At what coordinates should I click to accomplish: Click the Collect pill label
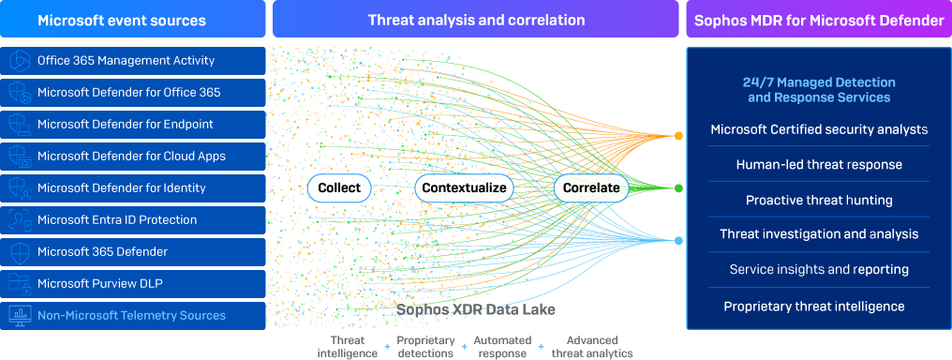pos(339,188)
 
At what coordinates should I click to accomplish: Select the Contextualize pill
pos(464,188)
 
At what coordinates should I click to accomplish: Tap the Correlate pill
pos(591,188)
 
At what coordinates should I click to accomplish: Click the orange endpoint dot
pos(678,136)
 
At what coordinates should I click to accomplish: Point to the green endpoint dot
pos(678,188)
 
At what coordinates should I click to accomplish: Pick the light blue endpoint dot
pos(678,241)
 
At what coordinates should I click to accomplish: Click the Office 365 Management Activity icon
pos(20,61)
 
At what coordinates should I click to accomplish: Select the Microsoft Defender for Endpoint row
pos(133,125)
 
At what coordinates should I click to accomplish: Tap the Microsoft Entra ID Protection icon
pos(20,219)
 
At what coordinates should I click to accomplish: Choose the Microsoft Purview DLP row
pos(133,283)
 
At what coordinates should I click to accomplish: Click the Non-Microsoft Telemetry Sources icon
pos(20,316)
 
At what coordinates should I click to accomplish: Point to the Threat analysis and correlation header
pos(476,19)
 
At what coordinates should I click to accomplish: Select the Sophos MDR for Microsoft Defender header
pos(819,19)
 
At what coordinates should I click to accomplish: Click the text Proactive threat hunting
pos(819,200)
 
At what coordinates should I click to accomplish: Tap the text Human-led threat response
pos(819,164)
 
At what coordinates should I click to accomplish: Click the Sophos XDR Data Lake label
pos(476,309)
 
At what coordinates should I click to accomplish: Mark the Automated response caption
pos(502,347)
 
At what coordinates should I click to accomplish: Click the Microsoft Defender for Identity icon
pos(20,188)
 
